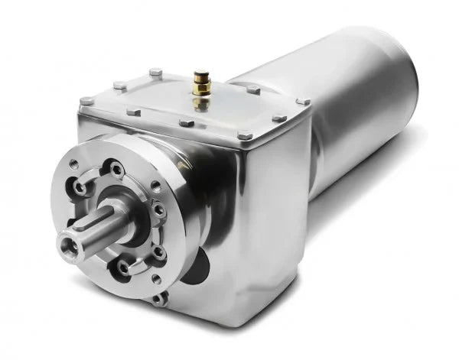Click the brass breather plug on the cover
point(201,79)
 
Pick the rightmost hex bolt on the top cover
point(304,101)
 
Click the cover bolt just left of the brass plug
point(155,73)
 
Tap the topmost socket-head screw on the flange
point(115,169)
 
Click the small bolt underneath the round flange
point(158,299)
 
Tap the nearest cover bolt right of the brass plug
point(253,90)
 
